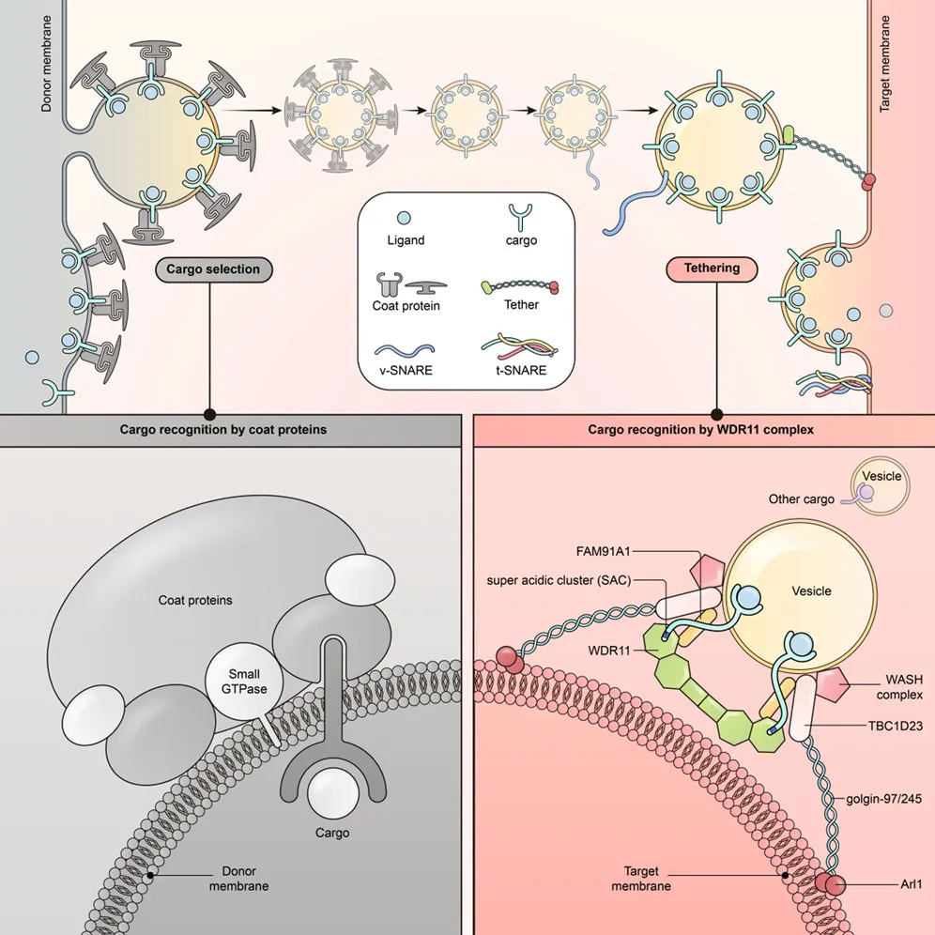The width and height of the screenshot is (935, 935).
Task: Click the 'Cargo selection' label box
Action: (214, 269)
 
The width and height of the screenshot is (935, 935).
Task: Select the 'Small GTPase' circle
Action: (242, 681)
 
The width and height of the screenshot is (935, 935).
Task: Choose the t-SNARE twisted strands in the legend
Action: (521, 348)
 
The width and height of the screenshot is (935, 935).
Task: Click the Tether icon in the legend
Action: (521, 284)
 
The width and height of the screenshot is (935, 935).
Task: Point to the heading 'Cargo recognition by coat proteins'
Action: (230, 430)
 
